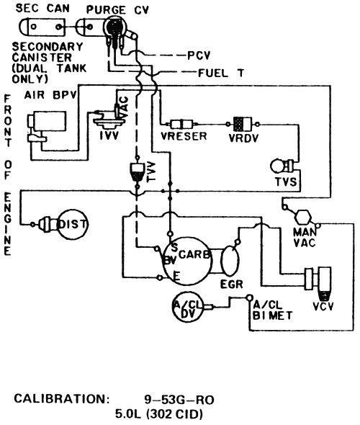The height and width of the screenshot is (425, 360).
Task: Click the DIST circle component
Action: click(x=71, y=225)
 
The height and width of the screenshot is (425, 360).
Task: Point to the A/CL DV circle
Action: click(x=187, y=308)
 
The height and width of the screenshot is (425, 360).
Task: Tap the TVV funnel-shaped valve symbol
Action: click(x=135, y=171)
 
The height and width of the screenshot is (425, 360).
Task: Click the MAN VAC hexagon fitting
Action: click(x=302, y=215)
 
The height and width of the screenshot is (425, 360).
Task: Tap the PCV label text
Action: click(x=199, y=55)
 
